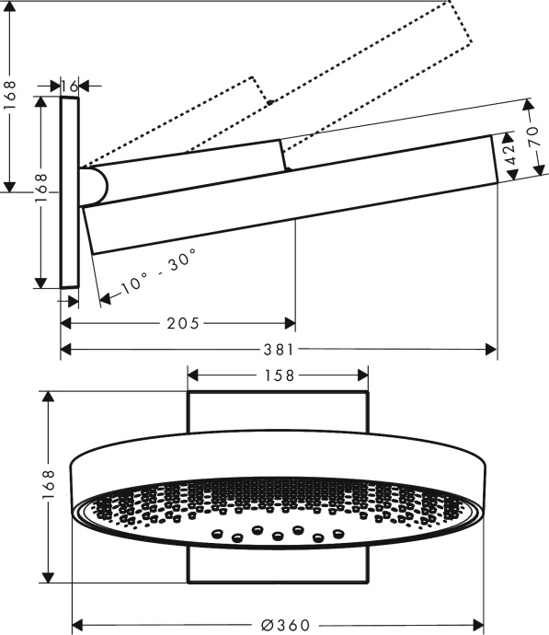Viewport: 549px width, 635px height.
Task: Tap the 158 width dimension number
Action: pyautogui.click(x=278, y=375)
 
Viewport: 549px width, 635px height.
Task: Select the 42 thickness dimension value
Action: pyautogui.click(x=507, y=151)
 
